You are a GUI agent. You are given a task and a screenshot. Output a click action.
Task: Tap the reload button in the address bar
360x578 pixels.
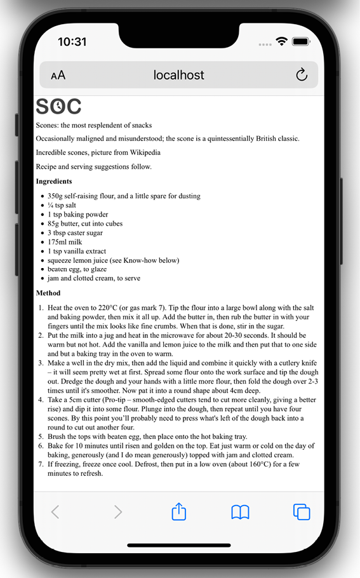302,75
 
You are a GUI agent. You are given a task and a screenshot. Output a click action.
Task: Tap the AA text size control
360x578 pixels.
58,76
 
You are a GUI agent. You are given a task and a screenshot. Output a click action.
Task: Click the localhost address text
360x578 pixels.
178,75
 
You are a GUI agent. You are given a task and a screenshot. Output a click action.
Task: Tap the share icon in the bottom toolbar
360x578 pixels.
179,512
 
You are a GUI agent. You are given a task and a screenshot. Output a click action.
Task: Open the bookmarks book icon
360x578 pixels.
240,512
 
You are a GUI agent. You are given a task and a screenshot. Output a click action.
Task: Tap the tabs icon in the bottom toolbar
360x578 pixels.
301,512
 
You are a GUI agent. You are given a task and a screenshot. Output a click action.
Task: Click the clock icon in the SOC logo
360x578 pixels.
58,106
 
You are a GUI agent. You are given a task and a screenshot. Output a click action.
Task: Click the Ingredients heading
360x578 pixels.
54,181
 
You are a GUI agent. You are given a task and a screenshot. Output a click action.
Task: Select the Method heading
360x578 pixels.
48,293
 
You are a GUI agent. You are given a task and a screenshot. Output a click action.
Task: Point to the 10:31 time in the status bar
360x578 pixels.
72,42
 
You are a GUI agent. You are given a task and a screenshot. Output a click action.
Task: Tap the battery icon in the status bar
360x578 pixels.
300,42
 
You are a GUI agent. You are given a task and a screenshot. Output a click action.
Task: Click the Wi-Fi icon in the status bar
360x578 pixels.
281,42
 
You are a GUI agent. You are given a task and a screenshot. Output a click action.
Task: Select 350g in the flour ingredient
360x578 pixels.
55,196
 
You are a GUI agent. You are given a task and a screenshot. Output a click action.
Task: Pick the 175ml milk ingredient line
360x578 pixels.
65,242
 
